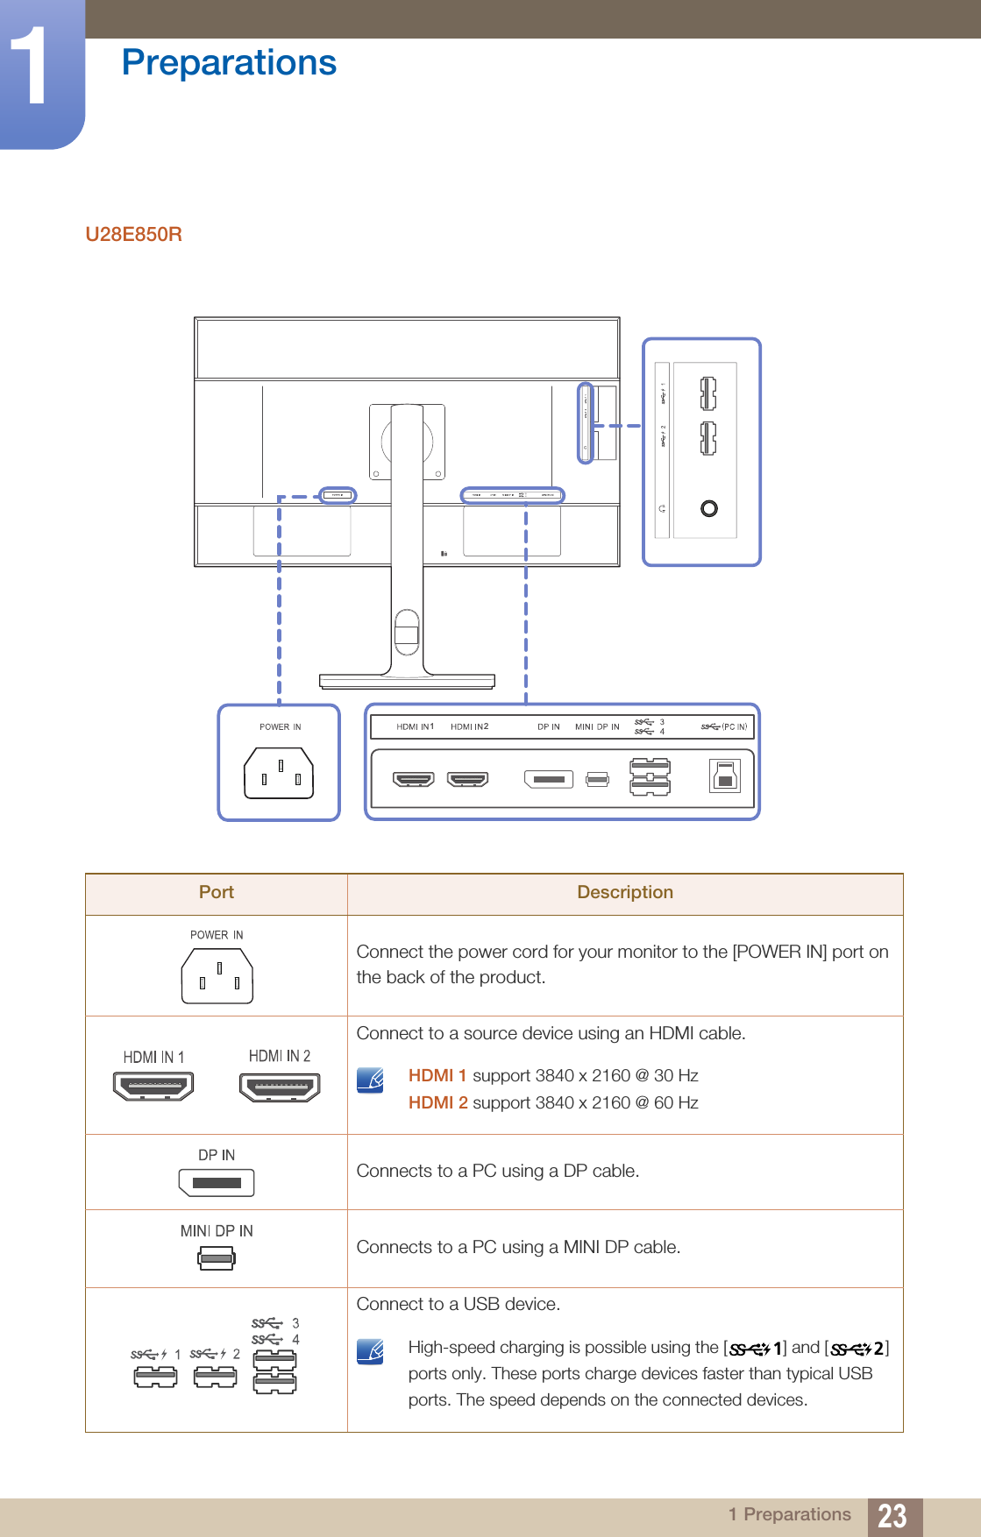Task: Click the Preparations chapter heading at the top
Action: coord(229,63)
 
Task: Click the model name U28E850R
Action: coord(133,235)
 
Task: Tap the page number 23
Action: coord(892,1516)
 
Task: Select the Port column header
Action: coord(217,893)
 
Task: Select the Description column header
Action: coord(624,893)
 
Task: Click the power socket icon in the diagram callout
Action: coord(279,773)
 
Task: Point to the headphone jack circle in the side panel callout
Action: coord(708,508)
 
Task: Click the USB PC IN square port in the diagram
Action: coord(725,776)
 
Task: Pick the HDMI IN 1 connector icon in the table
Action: coord(153,1087)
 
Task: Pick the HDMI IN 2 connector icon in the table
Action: coord(280,1087)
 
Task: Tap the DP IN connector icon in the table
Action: coord(217,1183)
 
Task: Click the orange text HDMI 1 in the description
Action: coord(437,1075)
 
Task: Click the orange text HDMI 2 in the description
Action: coord(437,1102)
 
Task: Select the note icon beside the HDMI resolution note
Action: coord(371,1080)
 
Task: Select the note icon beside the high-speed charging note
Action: coord(371,1351)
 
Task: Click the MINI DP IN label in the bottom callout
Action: coord(597,727)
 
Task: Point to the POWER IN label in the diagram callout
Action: coord(280,727)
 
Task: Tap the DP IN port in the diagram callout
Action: coord(549,779)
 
